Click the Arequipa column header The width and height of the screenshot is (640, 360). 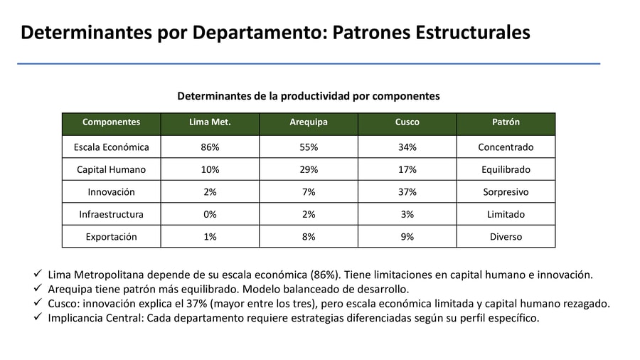coord(309,122)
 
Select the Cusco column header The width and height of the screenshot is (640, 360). coord(407,122)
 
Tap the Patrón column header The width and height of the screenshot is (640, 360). coord(506,122)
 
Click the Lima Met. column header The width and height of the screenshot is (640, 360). coord(210,122)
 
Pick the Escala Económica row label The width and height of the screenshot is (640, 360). coord(111,147)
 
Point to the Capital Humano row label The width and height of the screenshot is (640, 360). coord(111,170)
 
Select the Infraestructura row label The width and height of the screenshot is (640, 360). coord(111,214)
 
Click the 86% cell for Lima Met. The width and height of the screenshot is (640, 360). coord(210,147)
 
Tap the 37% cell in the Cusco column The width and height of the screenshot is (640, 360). coord(407,192)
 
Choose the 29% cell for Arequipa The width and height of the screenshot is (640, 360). coord(309,170)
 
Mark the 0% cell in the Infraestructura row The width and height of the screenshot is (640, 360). coord(210,214)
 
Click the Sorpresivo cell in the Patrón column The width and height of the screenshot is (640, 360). coord(506,192)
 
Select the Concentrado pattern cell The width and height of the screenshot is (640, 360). coord(506,147)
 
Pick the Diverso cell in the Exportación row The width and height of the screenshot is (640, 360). coord(506,237)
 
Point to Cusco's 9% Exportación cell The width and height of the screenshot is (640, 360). coord(407,237)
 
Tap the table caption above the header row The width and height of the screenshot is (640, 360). coord(308,96)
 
